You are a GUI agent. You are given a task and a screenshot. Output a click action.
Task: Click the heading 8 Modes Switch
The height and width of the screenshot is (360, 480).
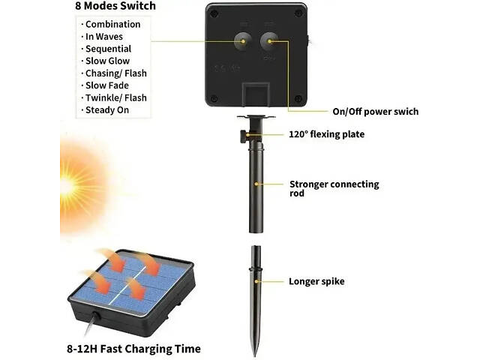coord(115,6)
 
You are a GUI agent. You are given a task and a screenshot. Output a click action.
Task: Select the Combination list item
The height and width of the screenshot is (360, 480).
coord(112,25)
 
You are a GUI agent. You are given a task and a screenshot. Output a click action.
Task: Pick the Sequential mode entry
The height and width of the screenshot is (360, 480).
coord(108,49)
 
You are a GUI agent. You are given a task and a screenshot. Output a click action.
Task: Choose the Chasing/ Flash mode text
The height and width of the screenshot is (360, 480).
coord(115,73)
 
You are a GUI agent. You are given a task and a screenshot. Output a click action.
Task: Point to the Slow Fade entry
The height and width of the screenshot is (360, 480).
coord(106,85)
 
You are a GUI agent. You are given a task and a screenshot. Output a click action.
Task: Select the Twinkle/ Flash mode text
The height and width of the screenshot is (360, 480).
coord(115,97)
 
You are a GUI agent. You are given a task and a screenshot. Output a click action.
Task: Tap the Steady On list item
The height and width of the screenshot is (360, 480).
coord(106,110)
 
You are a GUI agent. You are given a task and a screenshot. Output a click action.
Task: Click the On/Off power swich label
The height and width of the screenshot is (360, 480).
coord(375,112)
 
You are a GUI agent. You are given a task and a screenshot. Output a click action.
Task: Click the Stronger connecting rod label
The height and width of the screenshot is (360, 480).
coord(334,188)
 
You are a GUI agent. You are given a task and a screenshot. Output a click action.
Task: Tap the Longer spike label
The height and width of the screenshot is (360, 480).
coord(316,282)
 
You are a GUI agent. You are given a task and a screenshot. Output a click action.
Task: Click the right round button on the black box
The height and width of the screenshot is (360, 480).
coord(269,41)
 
